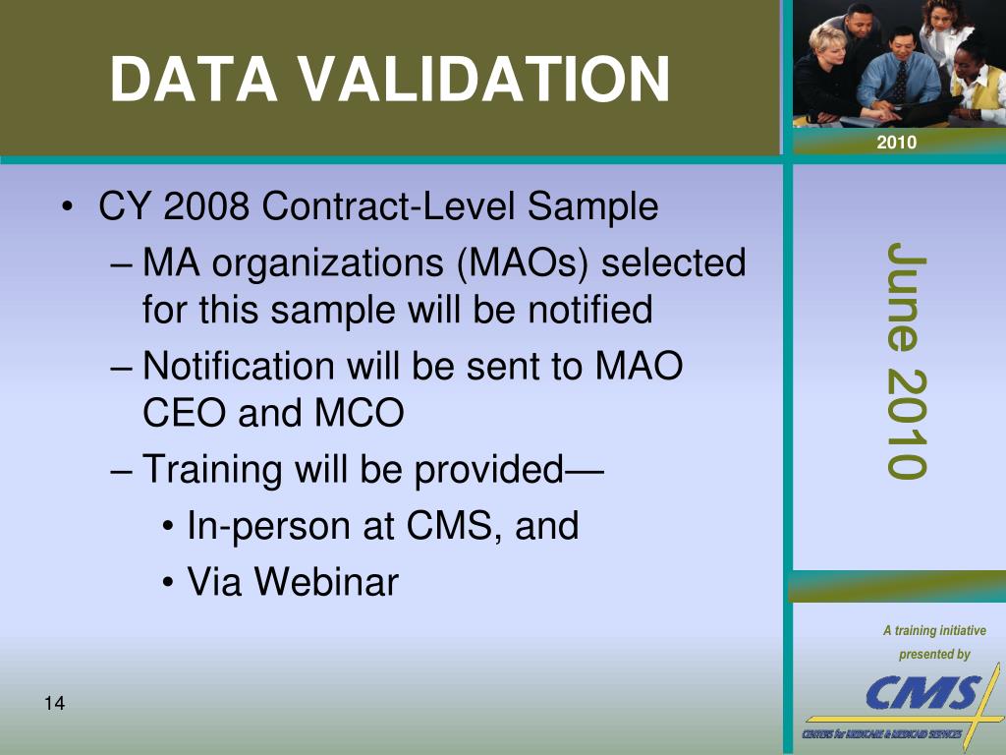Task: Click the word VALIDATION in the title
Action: [485, 79]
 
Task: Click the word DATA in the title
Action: [194, 79]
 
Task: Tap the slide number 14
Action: [55, 703]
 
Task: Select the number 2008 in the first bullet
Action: [206, 205]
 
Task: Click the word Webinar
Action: [326, 582]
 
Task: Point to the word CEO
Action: [184, 412]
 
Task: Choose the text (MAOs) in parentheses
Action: [523, 263]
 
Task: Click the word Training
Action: [212, 469]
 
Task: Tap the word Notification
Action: [239, 366]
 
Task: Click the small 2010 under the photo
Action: [896, 142]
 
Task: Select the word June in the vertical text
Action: [907, 297]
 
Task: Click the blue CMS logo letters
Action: [922, 692]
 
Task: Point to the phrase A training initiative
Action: [934, 630]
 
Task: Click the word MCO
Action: [360, 412]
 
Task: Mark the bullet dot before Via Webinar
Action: [168, 583]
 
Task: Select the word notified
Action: [590, 310]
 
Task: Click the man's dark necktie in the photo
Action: [900, 83]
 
